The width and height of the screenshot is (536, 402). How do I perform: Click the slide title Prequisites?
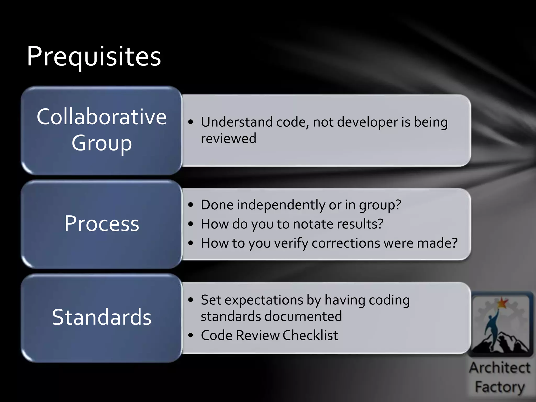[x=94, y=56]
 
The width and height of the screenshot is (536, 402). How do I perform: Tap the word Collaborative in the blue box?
[x=102, y=117]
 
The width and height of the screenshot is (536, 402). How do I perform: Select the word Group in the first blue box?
[x=102, y=143]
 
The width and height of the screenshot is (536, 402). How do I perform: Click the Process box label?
[x=102, y=224]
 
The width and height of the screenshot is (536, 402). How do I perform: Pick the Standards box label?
[x=102, y=317]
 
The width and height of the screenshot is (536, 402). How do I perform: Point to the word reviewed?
[x=228, y=138]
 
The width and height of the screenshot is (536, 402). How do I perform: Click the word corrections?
[x=345, y=243]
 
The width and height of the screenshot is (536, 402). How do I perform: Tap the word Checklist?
[x=310, y=335]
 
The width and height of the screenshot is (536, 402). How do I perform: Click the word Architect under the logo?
[x=499, y=368]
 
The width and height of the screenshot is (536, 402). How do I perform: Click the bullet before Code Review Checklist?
[x=191, y=335]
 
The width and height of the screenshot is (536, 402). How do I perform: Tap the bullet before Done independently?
[x=191, y=205]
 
